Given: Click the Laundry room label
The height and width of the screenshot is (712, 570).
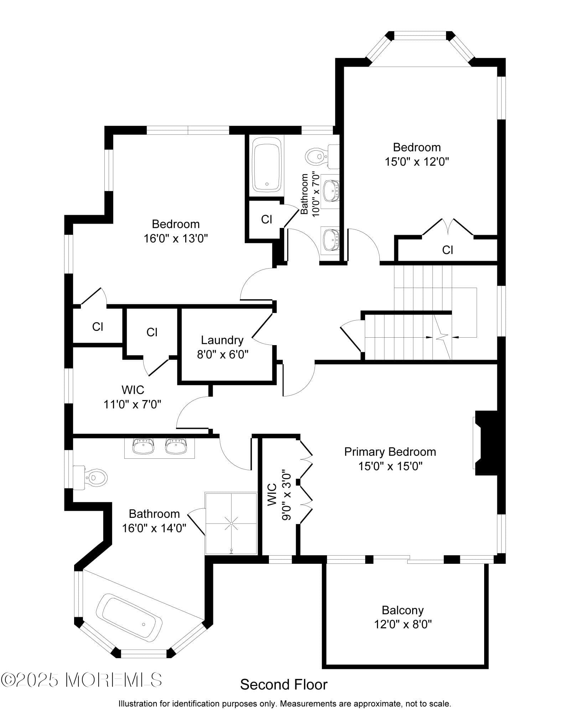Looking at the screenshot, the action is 222,340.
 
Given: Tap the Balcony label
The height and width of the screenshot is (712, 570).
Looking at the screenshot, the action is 403,610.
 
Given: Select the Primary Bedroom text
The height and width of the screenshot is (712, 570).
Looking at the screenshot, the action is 390,452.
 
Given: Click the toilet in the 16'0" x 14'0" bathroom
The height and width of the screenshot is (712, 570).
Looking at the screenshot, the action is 90,477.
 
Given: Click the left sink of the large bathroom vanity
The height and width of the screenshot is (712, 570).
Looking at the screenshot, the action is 143,446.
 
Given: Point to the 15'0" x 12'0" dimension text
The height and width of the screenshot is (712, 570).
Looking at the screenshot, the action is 416,162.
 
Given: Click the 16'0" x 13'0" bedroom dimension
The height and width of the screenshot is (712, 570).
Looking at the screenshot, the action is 176,238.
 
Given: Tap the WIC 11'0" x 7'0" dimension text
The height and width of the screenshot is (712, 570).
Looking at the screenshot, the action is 133,404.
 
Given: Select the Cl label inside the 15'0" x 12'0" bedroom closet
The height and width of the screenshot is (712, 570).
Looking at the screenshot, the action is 447,250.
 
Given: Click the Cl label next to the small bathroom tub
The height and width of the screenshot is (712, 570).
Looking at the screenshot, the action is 266,219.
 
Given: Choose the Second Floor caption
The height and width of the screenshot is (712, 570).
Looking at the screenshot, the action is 284,685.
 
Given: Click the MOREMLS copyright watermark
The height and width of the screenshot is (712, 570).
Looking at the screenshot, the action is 82,680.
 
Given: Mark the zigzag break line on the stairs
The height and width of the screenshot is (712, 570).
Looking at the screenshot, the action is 443,337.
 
